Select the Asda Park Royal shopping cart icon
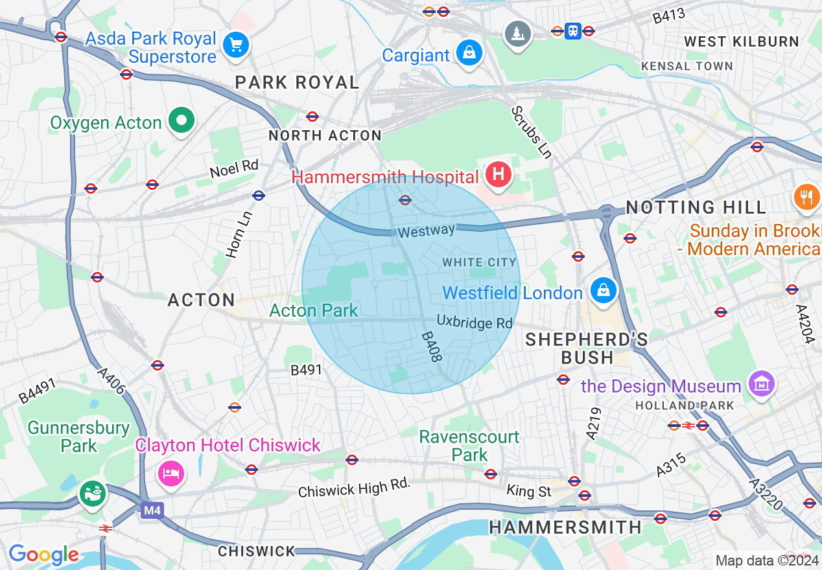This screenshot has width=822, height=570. point(236,45)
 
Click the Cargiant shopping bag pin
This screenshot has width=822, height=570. point(469,52)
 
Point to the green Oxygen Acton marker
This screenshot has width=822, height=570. point(182,120)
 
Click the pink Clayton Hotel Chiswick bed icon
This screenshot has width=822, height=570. point(171,473)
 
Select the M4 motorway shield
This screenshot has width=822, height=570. point(152,511)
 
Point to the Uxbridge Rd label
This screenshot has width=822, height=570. point(474,322)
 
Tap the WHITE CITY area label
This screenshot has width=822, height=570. point(479,262)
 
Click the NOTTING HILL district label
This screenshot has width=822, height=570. point(696,208)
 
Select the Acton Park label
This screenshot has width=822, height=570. point(314,311)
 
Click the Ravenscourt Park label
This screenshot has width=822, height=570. point(469,446)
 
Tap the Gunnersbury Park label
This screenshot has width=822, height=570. point(78,437)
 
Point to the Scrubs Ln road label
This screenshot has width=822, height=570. point(531,132)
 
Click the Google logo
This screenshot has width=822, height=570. point(43,554)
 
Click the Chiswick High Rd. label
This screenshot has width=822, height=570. point(354,488)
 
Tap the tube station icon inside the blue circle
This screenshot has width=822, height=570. point(405,200)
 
